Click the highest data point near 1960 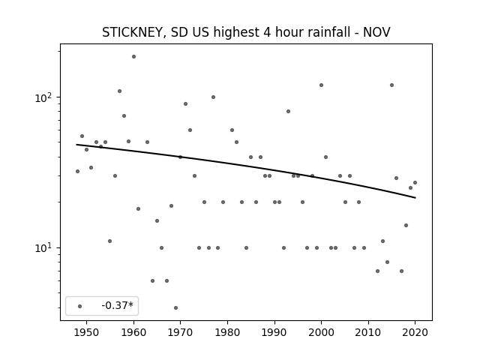click(x=133, y=57)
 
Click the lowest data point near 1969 click(x=175, y=308)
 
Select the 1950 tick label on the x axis click(x=87, y=333)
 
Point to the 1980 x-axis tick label click(x=227, y=333)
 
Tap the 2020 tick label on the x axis click(x=415, y=333)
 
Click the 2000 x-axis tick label click(x=321, y=333)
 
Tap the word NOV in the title click(x=376, y=32)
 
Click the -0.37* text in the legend click(x=117, y=305)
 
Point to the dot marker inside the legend click(x=80, y=306)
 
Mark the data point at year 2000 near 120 click(x=322, y=85)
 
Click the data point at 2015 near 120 click(x=391, y=85)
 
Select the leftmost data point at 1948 click(x=77, y=172)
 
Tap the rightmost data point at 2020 click(x=415, y=183)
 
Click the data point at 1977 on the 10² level click(x=213, y=97)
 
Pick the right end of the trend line click(x=415, y=198)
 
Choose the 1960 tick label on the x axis click(x=133, y=333)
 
